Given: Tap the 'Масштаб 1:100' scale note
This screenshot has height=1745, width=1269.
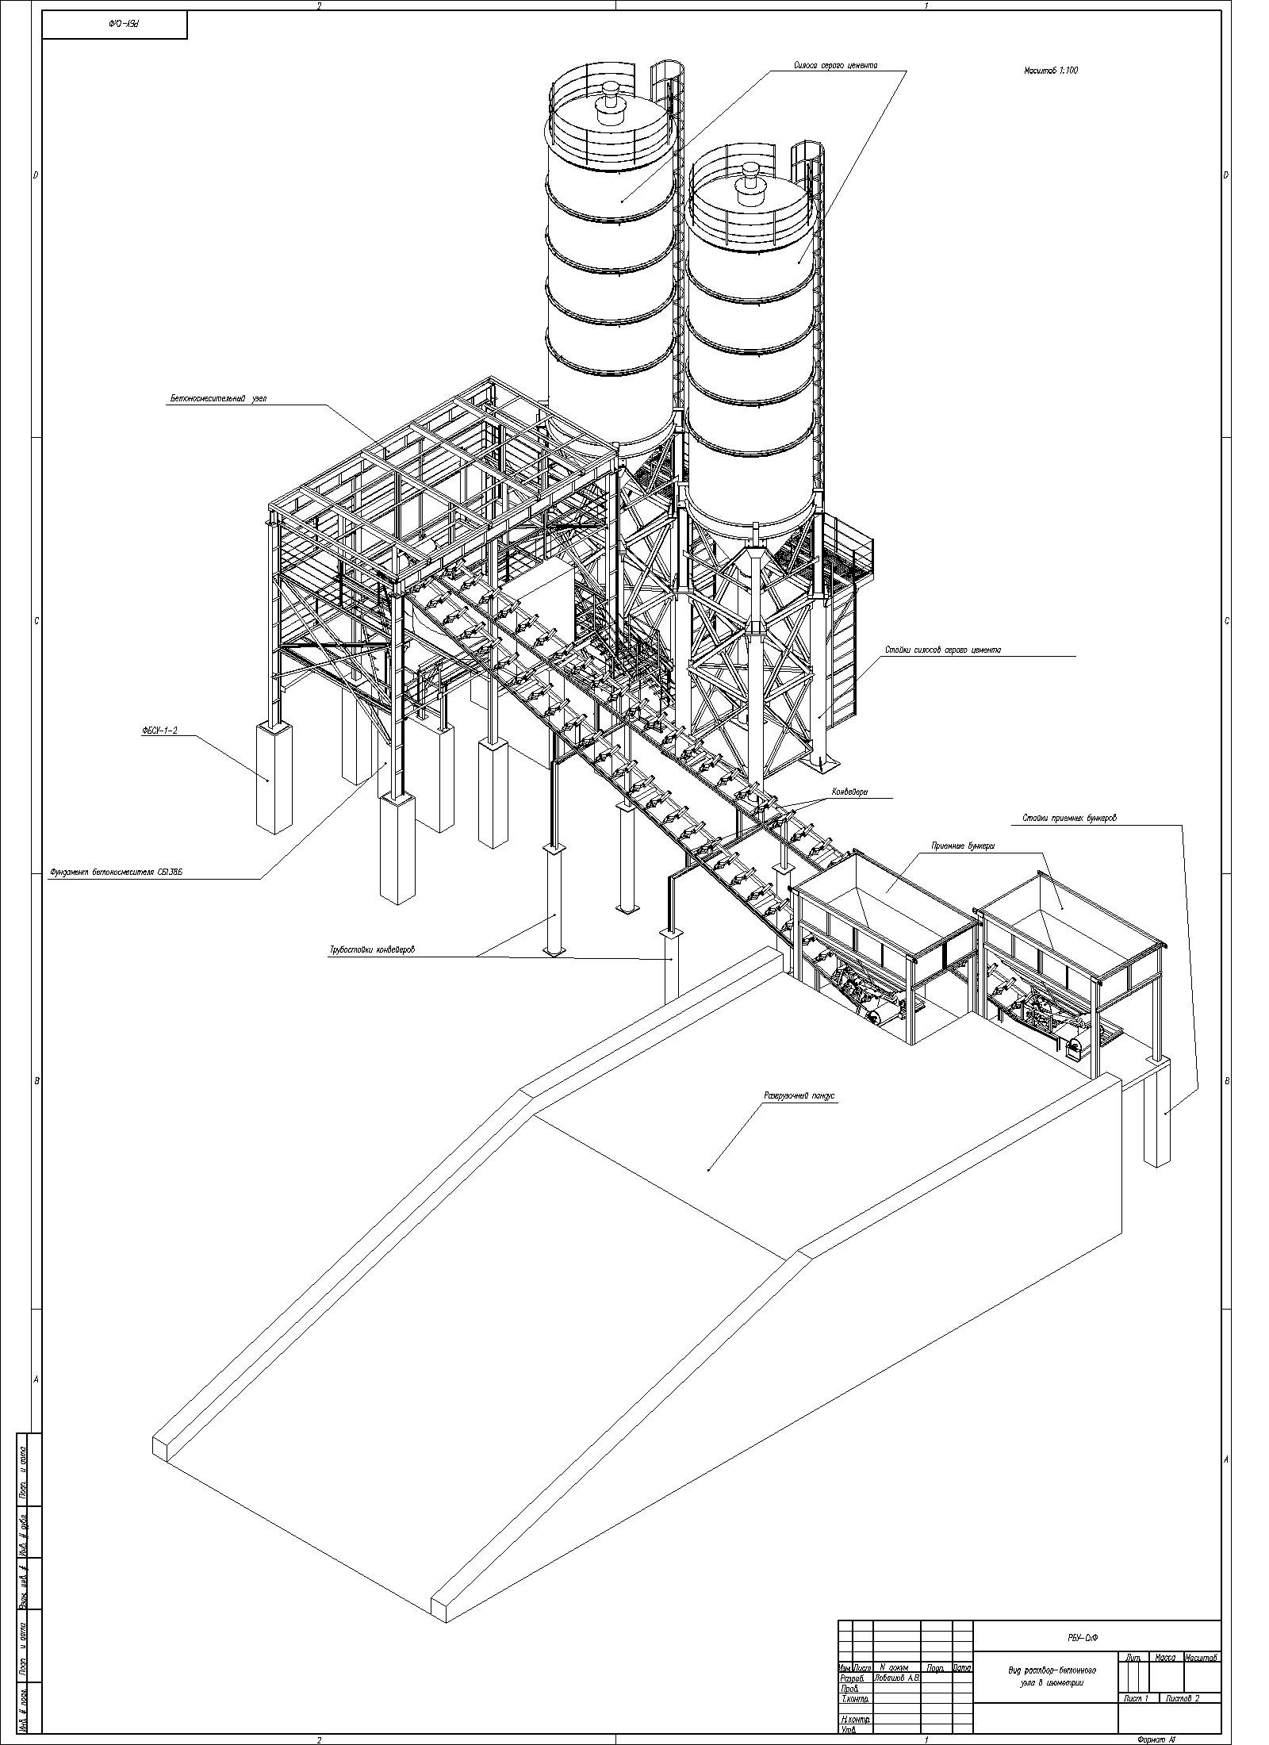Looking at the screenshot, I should click(1050, 71).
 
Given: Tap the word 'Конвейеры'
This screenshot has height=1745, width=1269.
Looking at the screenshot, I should click(849, 792).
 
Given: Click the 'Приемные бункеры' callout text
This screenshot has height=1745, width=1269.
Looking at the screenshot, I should click(963, 846).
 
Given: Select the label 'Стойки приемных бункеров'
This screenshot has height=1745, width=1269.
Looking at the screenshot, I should click(1068, 818).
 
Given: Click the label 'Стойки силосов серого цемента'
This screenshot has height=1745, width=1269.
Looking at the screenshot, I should click(943, 650).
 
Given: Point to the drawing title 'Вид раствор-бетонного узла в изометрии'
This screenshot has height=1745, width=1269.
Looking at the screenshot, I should click(1045, 1674).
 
